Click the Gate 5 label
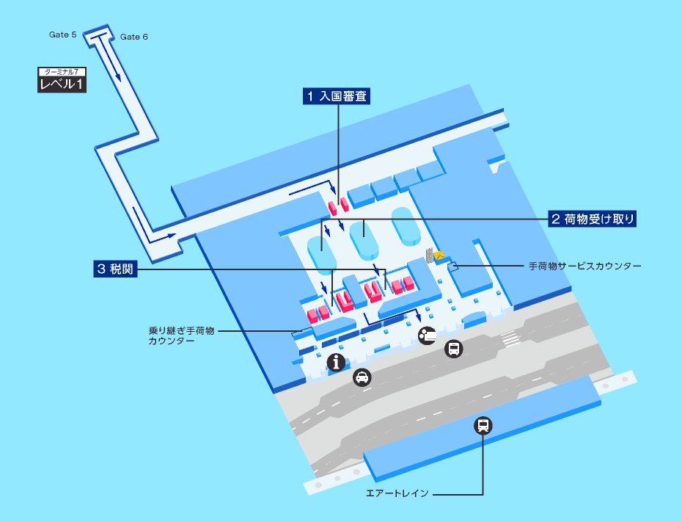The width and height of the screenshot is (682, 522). click(x=62, y=35)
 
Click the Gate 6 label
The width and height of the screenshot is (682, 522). click(x=134, y=37)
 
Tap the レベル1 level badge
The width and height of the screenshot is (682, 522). click(x=62, y=84)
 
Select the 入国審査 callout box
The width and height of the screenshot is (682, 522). click(x=337, y=96)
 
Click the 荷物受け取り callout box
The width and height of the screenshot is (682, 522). click(x=592, y=219)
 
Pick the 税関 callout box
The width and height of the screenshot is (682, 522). click(x=115, y=269)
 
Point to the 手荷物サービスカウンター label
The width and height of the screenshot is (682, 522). click(x=585, y=266)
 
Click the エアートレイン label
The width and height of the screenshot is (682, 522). click(x=397, y=493)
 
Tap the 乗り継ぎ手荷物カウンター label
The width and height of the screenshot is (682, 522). click(x=181, y=336)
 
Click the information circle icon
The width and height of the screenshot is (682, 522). click(x=336, y=362)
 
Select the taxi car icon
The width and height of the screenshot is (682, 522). click(x=362, y=377)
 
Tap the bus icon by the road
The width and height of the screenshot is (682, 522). click(x=454, y=349)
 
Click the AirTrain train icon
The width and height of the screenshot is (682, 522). click(x=483, y=425)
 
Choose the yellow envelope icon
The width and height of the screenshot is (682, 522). click(x=439, y=255)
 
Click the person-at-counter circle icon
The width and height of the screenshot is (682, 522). click(x=427, y=336)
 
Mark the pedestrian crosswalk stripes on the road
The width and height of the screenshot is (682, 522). click(x=510, y=338)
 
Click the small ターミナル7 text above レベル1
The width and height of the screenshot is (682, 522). click(x=62, y=72)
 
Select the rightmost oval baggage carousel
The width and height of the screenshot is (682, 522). click(x=406, y=227)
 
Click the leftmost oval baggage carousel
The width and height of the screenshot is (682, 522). click(x=322, y=255)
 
